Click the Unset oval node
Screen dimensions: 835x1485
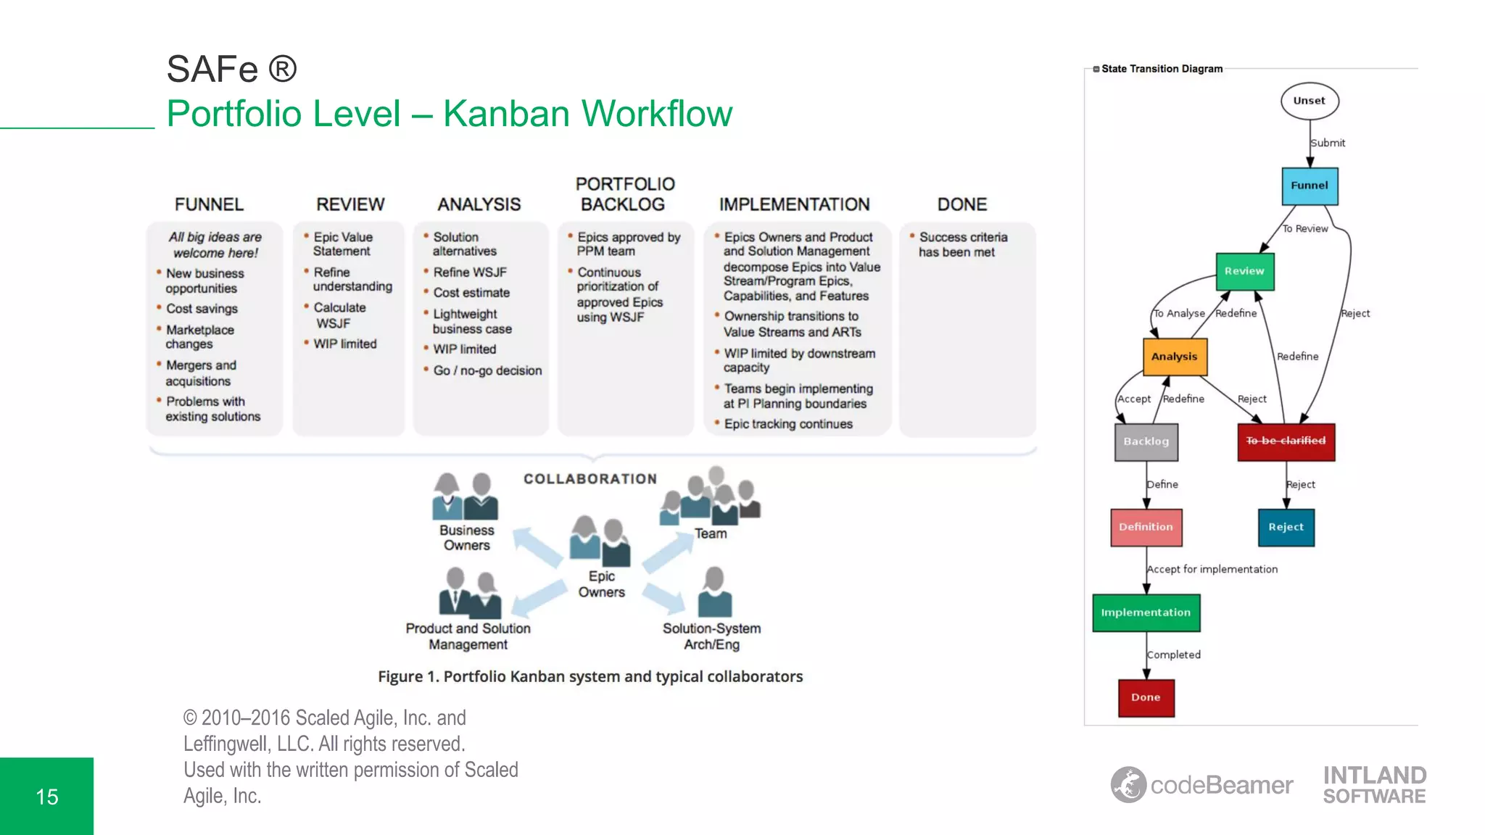coord(1309,101)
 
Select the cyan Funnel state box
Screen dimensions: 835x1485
coord(1310,186)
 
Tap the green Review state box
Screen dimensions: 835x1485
coord(1244,271)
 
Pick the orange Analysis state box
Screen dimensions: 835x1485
coord(1174,357)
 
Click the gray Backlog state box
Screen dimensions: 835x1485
coord(1146,441)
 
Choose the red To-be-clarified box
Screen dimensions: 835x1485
coord(1285,441)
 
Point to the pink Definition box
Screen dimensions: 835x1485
coord(1146,527)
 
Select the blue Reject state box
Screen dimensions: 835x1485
coord(1286,527)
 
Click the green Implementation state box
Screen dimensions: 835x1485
coord(1146,612)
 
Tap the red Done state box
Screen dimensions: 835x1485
coord(1146,697)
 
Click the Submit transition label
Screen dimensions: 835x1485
coord(1328,144)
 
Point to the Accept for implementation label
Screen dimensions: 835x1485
coord(1212,570)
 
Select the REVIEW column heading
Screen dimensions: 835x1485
coord(350,204)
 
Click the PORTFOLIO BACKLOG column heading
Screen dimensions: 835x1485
coord(624,194)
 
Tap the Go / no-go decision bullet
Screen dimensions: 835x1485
coord(487,370)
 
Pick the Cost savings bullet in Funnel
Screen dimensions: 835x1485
coord(202,309)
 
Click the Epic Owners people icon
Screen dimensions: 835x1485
coord(600,541)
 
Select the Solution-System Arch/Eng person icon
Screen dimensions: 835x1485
coord(714,592)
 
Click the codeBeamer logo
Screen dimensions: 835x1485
coord(1201,785)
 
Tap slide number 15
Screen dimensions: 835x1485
coord(46,797)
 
